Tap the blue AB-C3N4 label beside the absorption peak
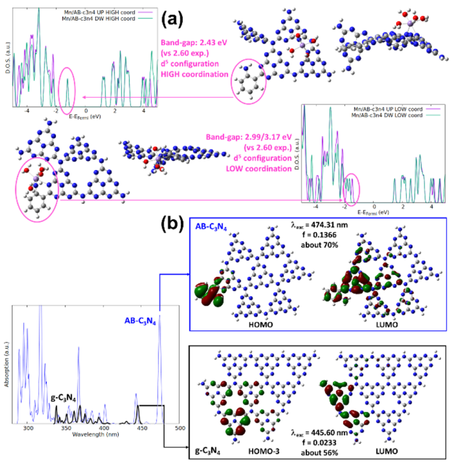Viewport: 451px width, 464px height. coord(139,321)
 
